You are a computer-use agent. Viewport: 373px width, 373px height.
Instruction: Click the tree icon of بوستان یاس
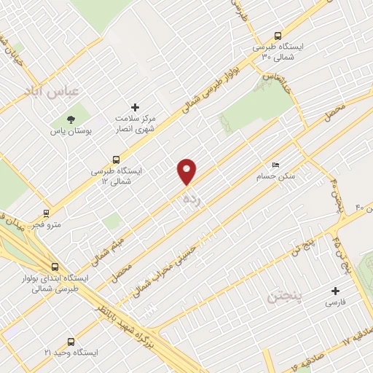pos(71,119)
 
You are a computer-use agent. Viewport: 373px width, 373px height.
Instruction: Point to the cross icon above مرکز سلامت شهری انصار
pos(133,106)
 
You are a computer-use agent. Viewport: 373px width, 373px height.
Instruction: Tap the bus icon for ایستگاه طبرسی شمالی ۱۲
pos(116,160)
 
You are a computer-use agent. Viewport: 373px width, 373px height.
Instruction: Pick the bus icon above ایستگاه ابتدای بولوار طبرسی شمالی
pos(56,267)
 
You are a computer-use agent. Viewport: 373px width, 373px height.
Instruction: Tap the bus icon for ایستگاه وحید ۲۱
pos(71,341)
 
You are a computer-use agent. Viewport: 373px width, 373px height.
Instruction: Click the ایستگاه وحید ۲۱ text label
pos(70,353)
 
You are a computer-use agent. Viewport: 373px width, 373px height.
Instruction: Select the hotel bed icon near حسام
pos(274,165)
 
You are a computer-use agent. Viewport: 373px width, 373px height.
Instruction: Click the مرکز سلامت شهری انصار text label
pos(133,124)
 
